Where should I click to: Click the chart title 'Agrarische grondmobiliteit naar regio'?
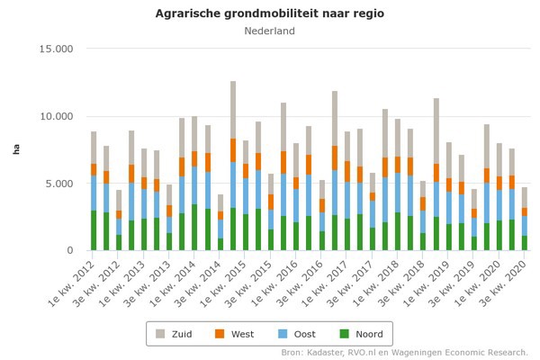coord(269,13)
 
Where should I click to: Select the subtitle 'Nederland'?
coord(269,31)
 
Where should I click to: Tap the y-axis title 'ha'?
coord(15,149)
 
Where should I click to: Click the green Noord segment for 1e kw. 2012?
coord(93,230)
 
